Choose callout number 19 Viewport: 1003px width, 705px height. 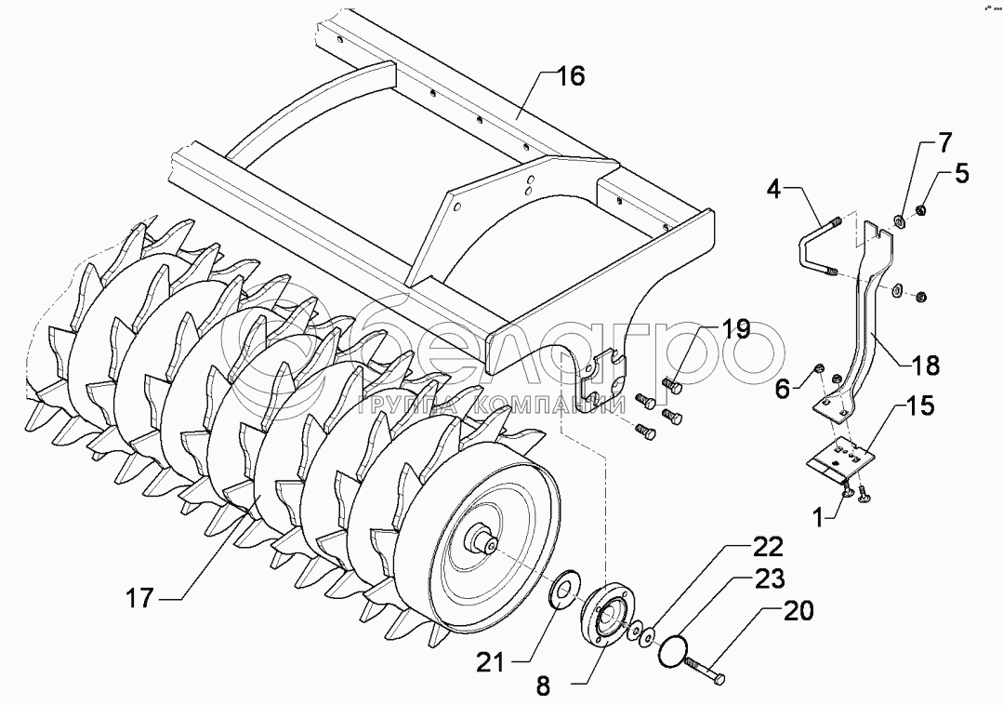(x=734, y=330)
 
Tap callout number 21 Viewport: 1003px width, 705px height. (x=492, y=661)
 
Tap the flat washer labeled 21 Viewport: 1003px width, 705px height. (x=563, y=590)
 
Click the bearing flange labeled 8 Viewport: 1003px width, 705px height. (x=605, y=613)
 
